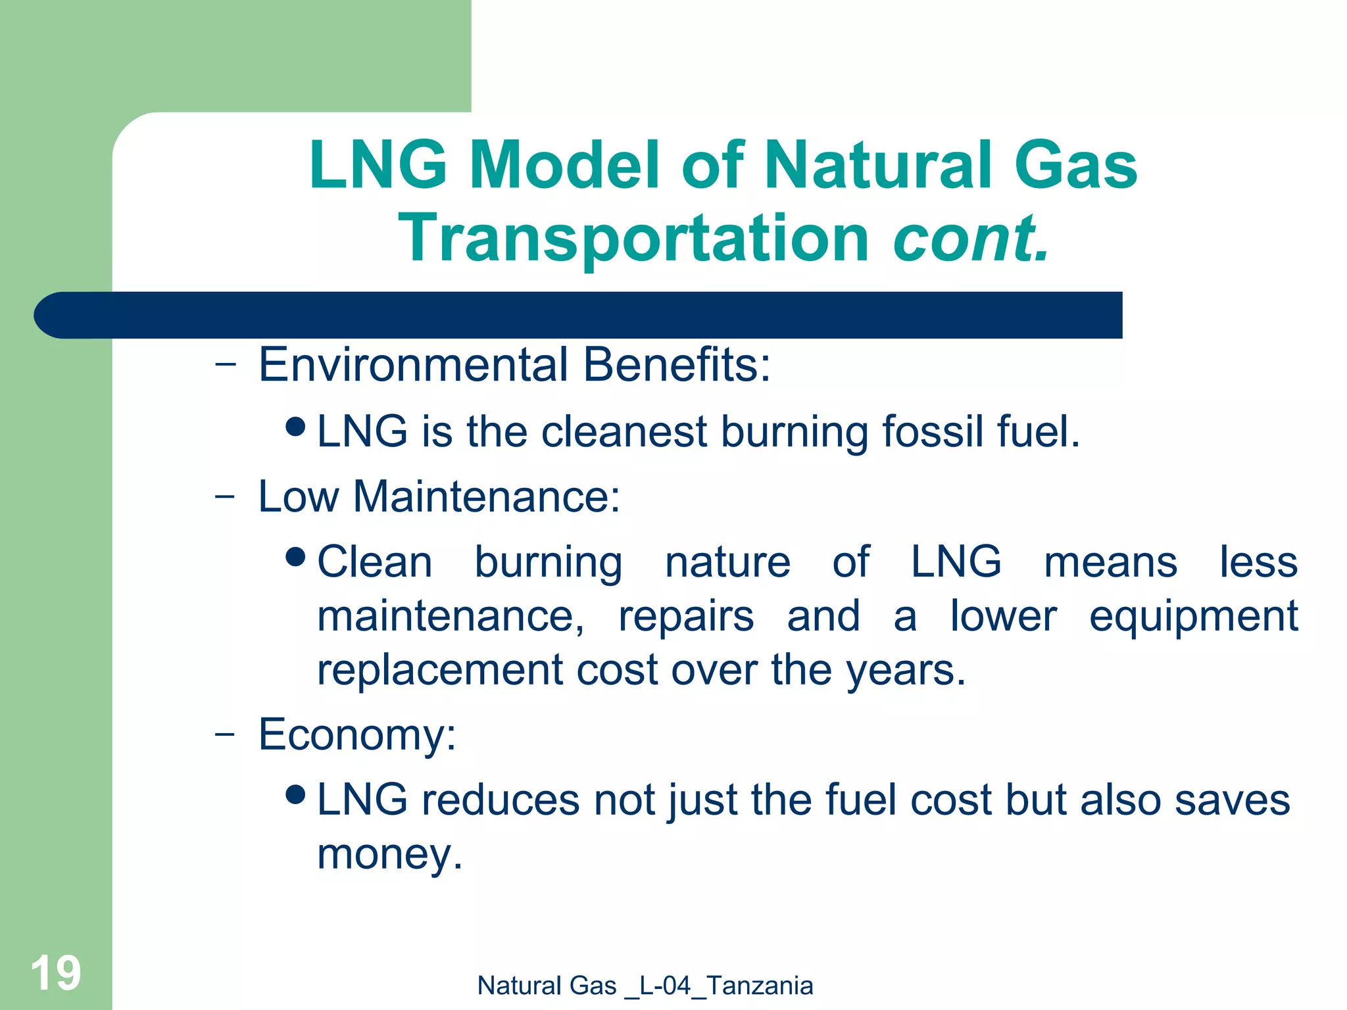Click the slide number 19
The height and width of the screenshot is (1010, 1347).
pos(56,973)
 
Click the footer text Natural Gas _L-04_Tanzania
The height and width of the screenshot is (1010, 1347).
pos(645,986)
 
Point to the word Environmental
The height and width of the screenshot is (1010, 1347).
pos(413,365)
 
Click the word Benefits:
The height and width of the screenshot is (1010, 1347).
pos(677,365)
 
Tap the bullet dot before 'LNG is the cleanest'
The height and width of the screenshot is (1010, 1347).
pos(297,427)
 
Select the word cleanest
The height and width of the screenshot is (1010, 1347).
pos(624,432)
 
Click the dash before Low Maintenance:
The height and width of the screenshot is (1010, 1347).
pos(224,497)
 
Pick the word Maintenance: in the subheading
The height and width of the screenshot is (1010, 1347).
pos(487,496)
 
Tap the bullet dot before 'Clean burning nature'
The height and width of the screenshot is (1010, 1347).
pos(297,557)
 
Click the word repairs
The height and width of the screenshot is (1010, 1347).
pos(686,617)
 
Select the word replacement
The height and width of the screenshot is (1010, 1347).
pos(439,671)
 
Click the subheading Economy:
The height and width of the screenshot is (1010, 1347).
pos(357,734)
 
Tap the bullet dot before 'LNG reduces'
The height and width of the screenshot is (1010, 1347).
pos(297,795)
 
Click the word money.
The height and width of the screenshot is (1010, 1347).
pos(389,854)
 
